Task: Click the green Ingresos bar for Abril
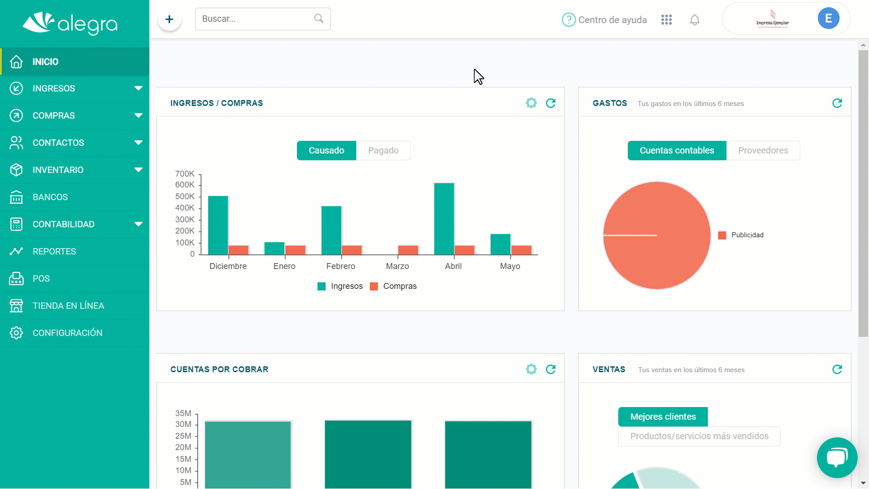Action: tap(444, 219)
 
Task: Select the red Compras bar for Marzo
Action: tap(408, 250)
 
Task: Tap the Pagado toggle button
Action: tap(383, 150)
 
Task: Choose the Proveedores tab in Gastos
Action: tap(763, 150)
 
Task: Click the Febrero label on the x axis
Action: tap(341, 266)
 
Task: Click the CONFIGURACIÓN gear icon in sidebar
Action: tap(16, 333)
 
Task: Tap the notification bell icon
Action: tap(695, 19)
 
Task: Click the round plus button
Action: tap(169, 19)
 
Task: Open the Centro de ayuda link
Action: tap(604, 19)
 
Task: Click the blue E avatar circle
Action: tap(829, 18)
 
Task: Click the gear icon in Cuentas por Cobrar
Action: tap(531, 369)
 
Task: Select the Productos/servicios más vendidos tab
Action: tap(699, 436)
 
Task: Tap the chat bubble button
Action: tap(837, 458)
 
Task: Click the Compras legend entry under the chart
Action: tap(393, 286)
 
